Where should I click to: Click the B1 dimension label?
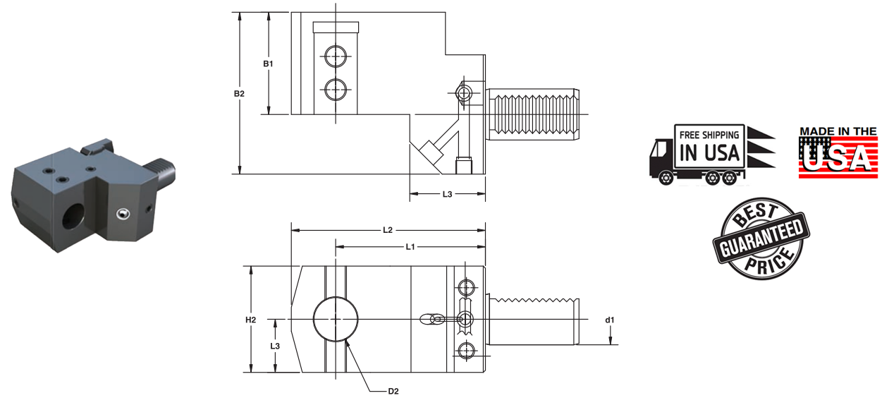[x=268, y=64]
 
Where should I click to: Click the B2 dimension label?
[x=240, y=93]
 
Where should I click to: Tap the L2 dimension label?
[x=387, y=230]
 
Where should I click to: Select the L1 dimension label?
[x=410, y=246]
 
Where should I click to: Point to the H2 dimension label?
[x=250, y=320]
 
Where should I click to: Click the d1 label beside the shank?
[x=610, y=320]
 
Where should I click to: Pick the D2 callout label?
[x=393, y=390]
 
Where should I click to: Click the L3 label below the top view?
[x=447, y=194]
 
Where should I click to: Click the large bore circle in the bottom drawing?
[x=336, y=319]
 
